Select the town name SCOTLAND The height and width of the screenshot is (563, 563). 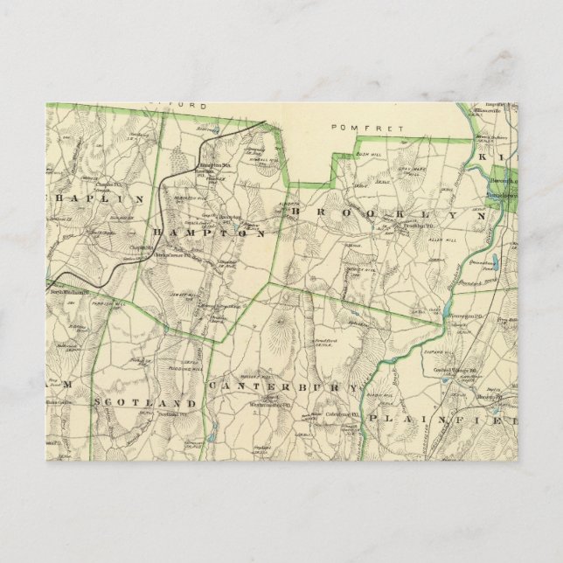[x=143, y=403]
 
